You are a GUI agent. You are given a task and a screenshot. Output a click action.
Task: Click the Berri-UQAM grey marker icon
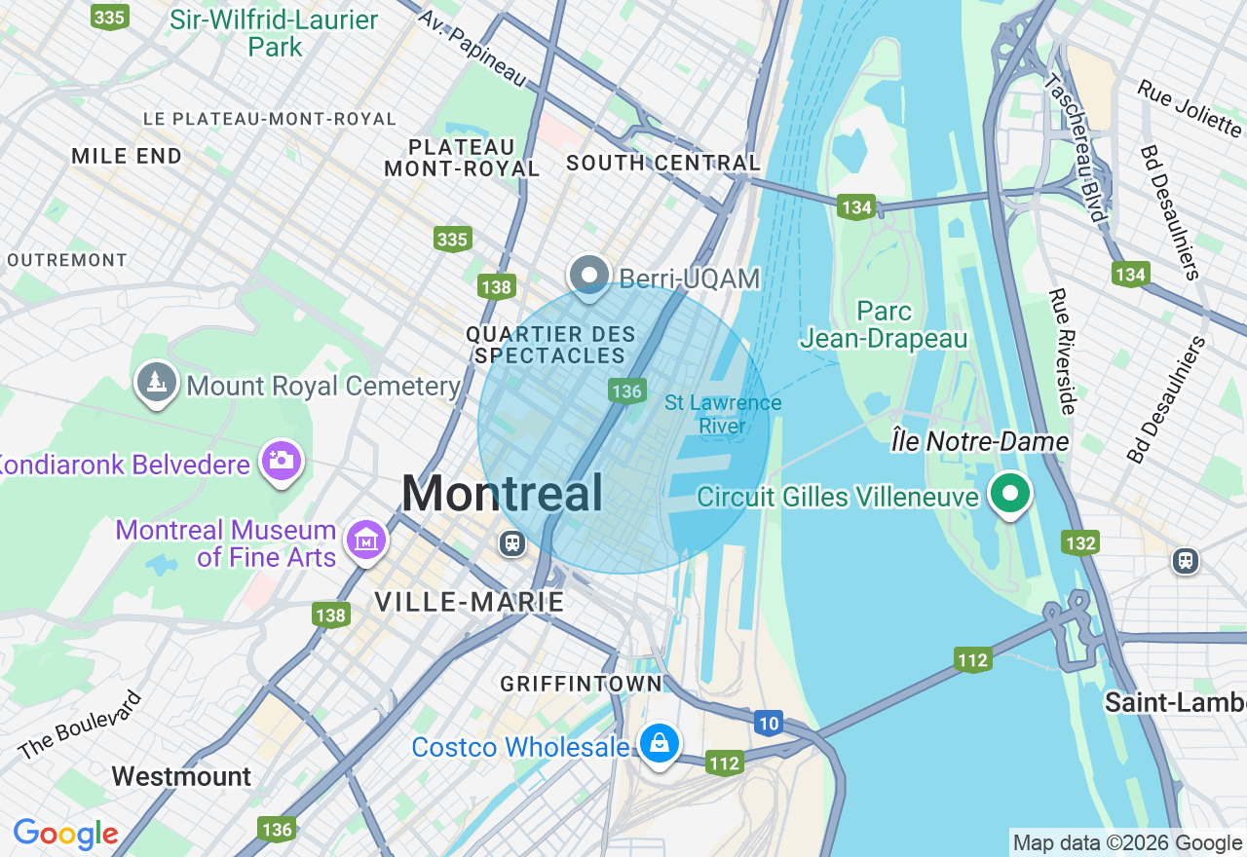click(588, 276)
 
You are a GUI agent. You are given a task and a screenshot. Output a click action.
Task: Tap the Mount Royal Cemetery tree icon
click(156, 383)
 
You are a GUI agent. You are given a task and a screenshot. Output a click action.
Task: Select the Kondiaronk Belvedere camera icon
click(282, 460)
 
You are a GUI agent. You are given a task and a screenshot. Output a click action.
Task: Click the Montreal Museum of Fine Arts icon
click(365, 540)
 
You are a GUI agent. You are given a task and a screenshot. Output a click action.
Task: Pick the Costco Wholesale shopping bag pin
click(660, 743)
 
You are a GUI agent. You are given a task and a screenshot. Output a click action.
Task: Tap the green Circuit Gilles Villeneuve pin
click(1010, 493)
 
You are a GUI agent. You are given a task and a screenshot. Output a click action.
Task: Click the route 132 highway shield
click(1081, 542)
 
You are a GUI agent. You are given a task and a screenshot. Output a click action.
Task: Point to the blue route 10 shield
click(769, 723)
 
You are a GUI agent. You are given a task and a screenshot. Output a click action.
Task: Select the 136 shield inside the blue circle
click(626, 391)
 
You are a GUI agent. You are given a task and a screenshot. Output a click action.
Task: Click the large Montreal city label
click(502, 493)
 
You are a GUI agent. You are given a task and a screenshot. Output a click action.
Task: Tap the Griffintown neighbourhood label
click(581, 685)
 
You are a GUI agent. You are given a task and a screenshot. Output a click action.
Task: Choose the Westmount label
click(181, 776)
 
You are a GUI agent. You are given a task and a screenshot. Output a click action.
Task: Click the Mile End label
click(127, 156)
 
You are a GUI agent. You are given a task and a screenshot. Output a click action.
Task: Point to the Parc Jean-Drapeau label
click(884, 324)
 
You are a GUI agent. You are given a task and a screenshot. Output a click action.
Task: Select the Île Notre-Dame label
click(980, 442)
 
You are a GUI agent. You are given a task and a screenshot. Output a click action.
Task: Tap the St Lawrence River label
click(723, 414)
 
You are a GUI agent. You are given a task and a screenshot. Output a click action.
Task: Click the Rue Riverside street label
click(1062, 352)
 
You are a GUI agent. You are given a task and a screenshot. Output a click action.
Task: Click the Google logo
click(65, 834)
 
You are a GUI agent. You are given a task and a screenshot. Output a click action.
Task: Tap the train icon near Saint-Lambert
click(1186, 560)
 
